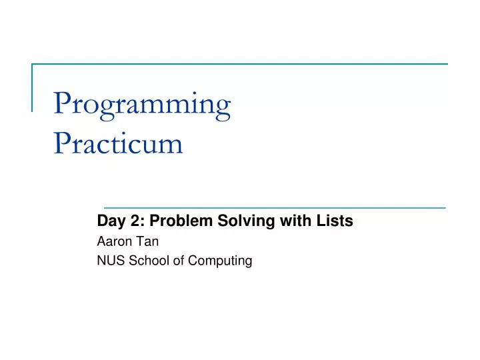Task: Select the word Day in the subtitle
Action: tap(109, 222)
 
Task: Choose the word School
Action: tap(145, 261)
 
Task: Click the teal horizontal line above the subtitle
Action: tap(275, 207)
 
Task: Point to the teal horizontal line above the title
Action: tap(240, 64)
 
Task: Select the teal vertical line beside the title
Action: tap(33, 87)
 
